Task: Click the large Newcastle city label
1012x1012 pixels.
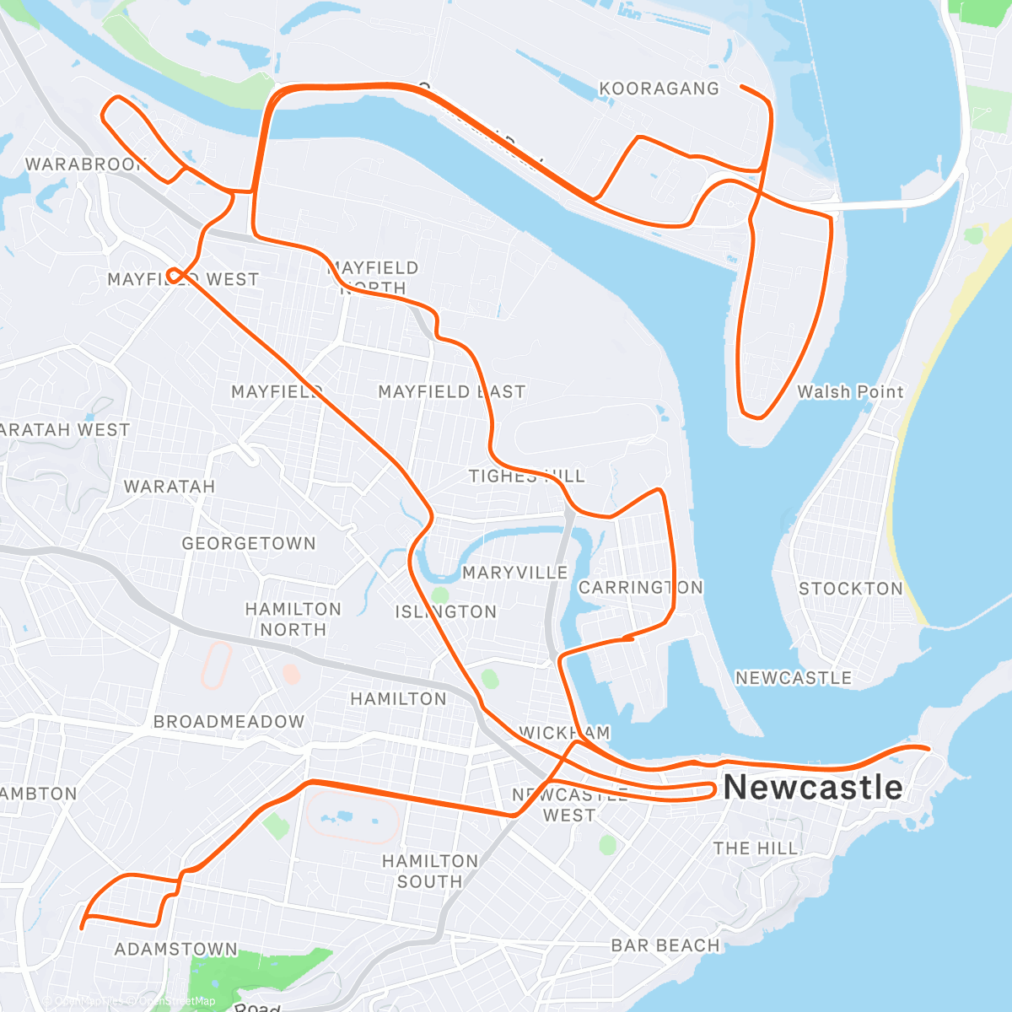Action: point(813,788)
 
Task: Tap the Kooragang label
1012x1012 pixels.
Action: point(659,89)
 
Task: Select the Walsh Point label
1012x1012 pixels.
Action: point(850,392)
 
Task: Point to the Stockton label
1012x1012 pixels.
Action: point(850,589)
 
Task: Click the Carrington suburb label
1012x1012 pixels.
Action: point(640,588)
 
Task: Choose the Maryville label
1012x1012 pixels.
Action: point(514,573)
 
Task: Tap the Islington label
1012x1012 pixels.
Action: point(446,612)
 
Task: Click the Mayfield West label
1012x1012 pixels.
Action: point(183,279)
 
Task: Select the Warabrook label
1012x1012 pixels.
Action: point(85,164)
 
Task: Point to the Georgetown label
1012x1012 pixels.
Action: point(249,544)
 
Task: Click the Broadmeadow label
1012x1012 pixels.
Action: point(229,722)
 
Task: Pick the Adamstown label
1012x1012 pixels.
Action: point(176,950)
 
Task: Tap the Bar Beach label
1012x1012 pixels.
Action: point(665,945)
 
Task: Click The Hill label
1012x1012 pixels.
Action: point(755,848)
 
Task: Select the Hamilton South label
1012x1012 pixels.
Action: point(430,871)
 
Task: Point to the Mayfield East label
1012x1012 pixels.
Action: point(451,392)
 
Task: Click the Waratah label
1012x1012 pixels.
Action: point(170,487)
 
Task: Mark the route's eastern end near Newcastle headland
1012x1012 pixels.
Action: point(928,749)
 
